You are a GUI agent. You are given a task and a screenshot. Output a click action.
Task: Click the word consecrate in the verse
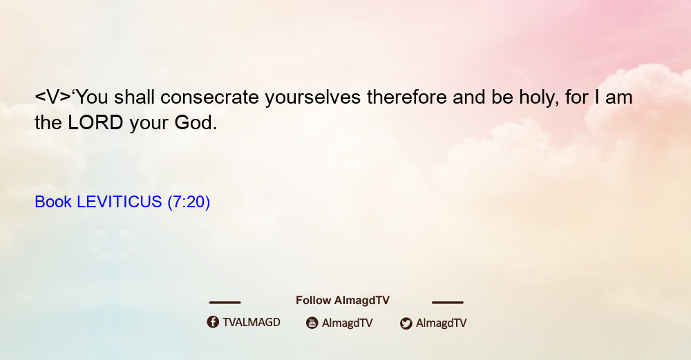[x=209, y=97]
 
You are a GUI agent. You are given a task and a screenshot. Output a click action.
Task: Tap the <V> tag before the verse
[x=53, y=97]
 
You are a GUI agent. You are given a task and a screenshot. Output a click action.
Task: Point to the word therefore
[x=407, y=97]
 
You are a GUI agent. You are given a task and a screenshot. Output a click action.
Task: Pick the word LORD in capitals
[x=95, y=123]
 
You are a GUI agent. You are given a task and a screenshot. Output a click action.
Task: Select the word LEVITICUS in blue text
[x=120, y=202]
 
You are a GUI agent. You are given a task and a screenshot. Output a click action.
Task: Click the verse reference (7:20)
[x=189, y=202]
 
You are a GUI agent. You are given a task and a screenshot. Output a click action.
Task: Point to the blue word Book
[x=53, y=202]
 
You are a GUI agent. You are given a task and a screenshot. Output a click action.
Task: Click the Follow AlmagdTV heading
[x=343, y=301]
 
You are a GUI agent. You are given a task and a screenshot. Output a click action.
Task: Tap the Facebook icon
[x=213, y=322]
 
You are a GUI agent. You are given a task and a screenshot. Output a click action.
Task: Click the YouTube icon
[x=312, y=323]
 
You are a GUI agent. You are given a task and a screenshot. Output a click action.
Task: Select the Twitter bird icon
[x=406, y=323]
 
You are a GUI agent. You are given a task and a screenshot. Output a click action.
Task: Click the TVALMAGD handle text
[x=252, y=323]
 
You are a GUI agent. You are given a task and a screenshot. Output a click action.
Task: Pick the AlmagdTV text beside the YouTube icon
[x=348, y=323]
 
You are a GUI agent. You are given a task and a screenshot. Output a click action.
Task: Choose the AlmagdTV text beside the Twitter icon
[x=441, y=323]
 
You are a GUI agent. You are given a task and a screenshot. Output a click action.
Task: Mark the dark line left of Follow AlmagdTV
[x=225, y=303]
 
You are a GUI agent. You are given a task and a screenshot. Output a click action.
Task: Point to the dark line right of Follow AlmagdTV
[x=448, y=303]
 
